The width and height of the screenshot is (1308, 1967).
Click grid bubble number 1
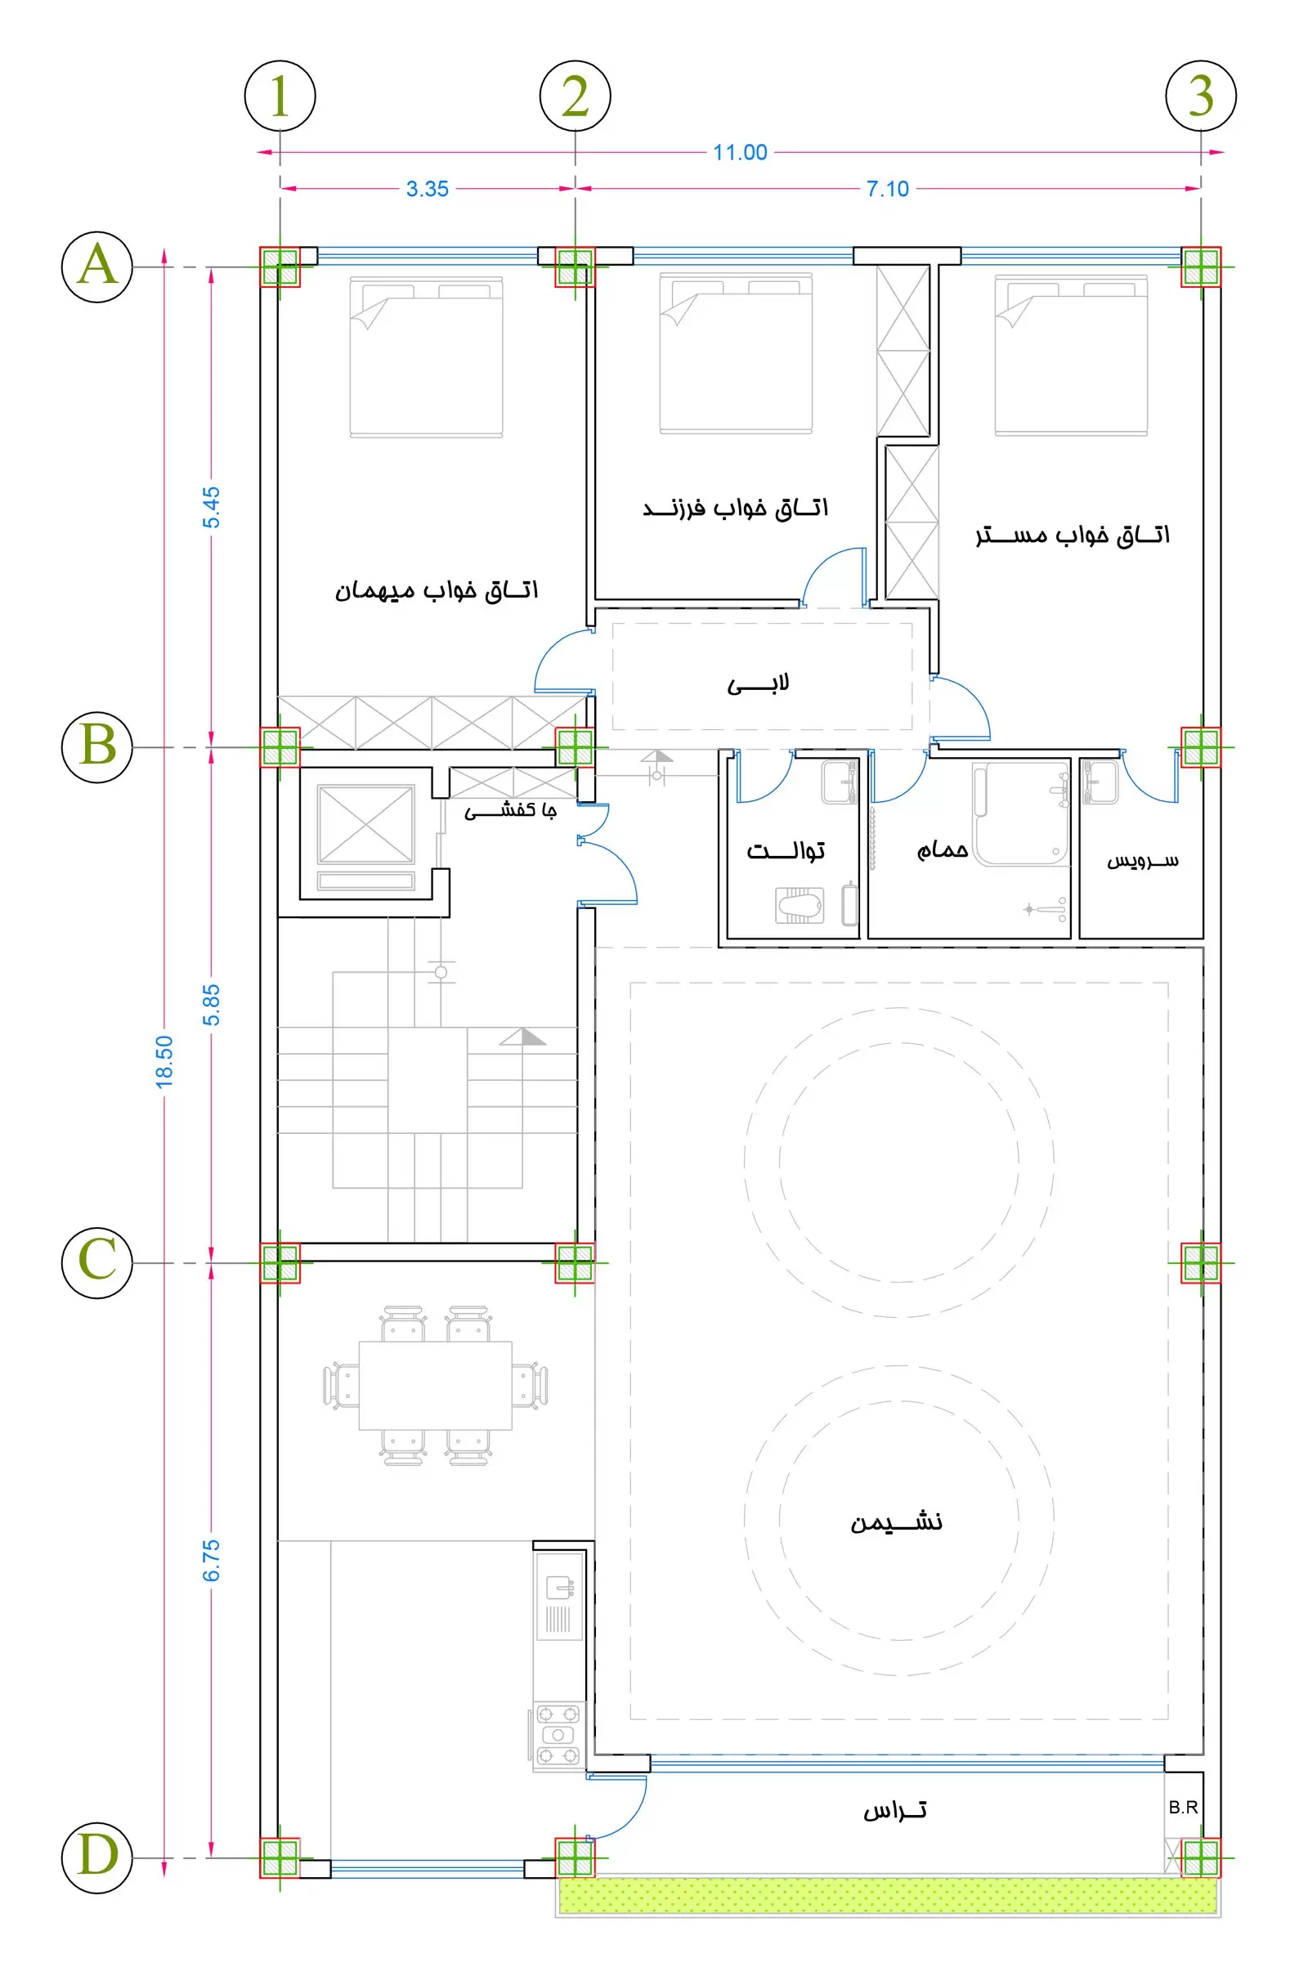tap(280, 96)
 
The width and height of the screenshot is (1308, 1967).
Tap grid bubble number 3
tap(1200, 96)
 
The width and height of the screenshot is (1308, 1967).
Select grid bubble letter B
tap(97, 746)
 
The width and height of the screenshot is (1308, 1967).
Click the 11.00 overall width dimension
tap(740, 152)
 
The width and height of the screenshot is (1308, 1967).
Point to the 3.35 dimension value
tap(427, 189)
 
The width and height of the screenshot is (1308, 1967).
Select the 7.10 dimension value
tap(888, 189)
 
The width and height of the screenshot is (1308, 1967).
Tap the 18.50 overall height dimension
tap(164, 1060)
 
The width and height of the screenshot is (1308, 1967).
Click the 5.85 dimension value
tap(212, 1005)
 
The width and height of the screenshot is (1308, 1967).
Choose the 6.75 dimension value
tap(212, 1560)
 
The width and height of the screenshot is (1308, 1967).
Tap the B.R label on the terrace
tap(1183, 1807)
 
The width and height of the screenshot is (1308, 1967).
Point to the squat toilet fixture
tap(800, 904)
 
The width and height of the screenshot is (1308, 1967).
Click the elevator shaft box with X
tap(366, 823)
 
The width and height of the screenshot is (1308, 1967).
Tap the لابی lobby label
tap(759, 685)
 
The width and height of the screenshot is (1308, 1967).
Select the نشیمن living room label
tap(897, 1522)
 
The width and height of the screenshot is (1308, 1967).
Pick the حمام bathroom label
tap(943, 849)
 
